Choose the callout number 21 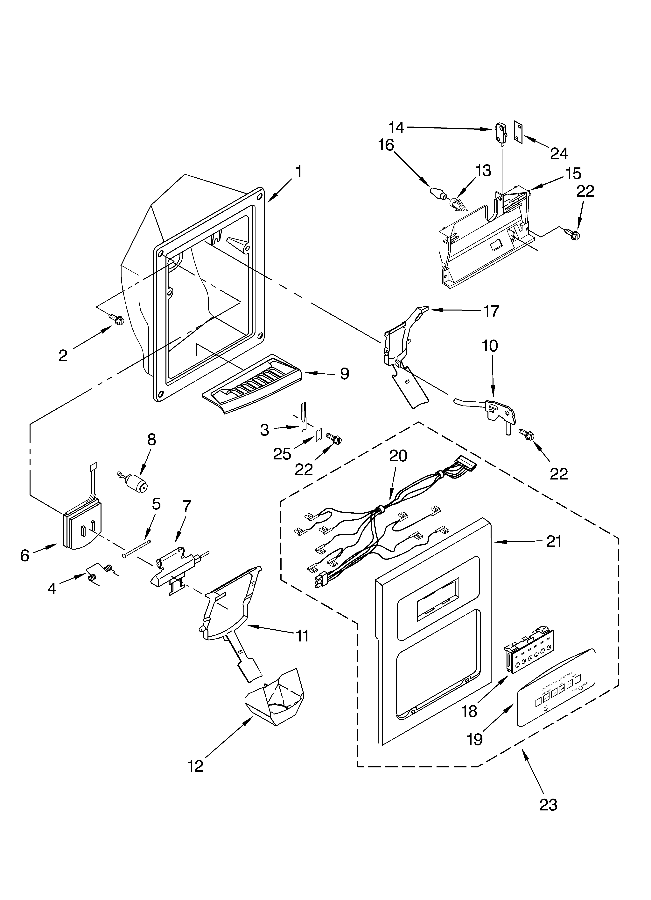click(x=553, y=541)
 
